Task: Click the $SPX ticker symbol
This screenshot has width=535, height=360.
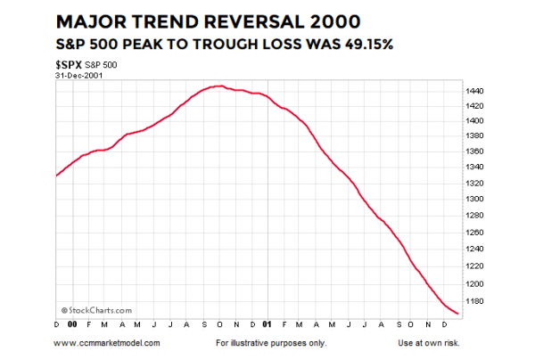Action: point(69,66)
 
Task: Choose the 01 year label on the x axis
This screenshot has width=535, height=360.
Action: point(268,324)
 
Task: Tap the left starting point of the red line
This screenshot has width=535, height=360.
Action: point(57,176)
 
